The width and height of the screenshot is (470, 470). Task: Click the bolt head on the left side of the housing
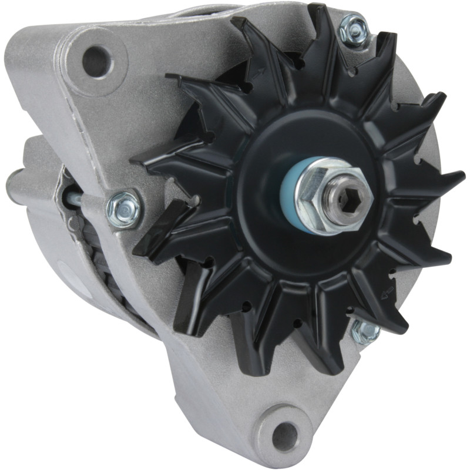123,207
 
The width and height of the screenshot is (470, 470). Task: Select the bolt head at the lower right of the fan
365,331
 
